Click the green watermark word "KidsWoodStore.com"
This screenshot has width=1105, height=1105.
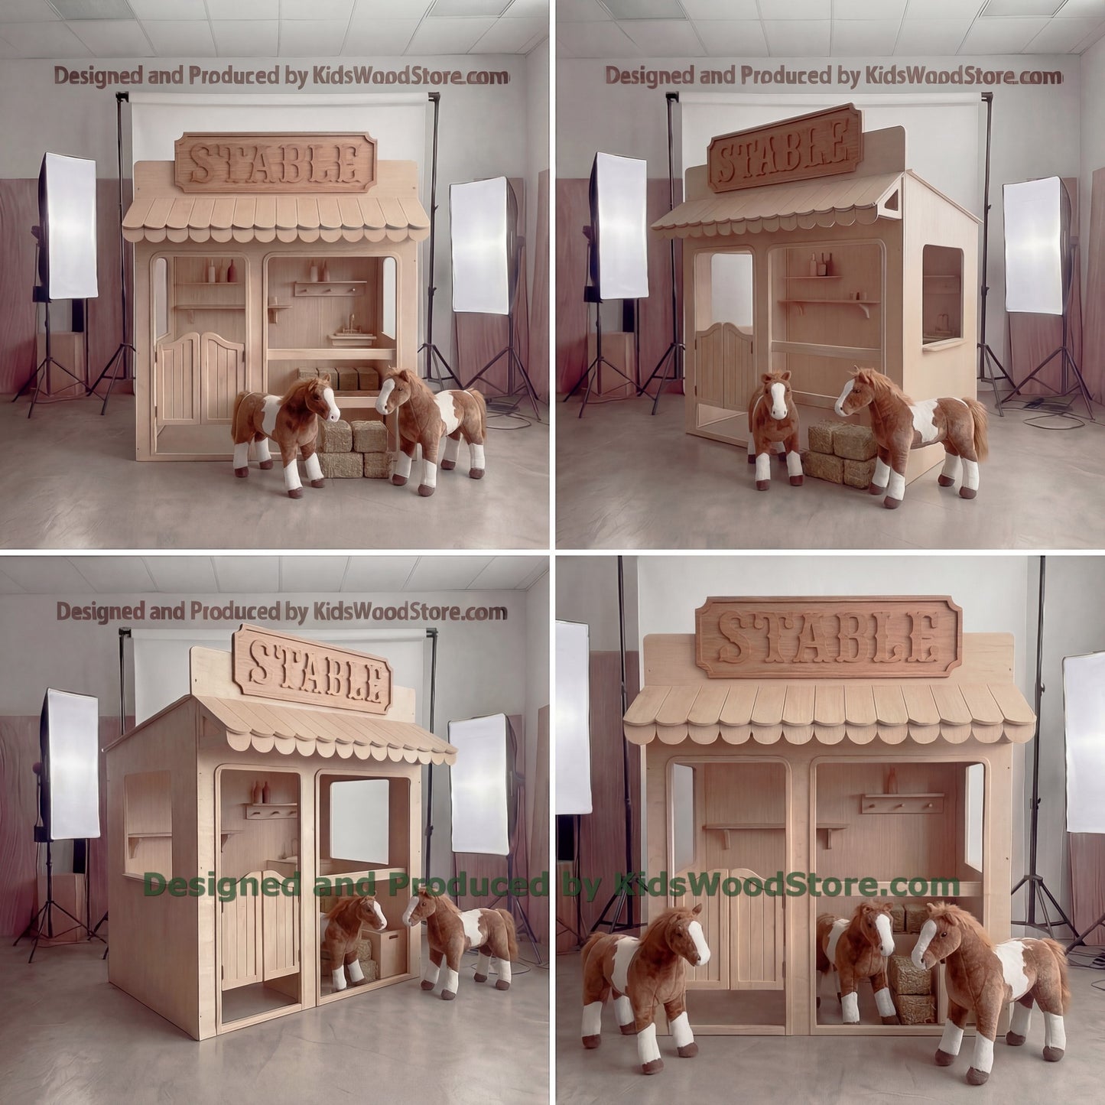[788, 885]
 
